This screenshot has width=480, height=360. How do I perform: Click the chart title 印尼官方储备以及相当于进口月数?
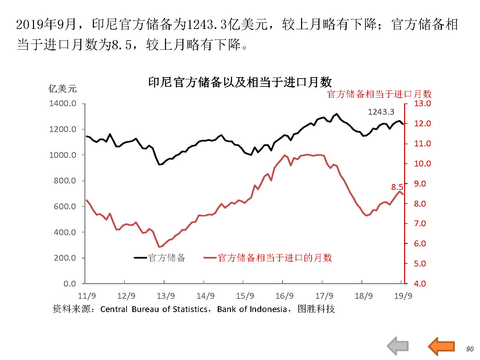coord(240,82)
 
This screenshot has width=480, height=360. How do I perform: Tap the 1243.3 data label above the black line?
coord(381,112)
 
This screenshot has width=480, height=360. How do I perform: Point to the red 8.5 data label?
coord(397,187)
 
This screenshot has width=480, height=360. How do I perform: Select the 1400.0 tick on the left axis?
coord(63,103)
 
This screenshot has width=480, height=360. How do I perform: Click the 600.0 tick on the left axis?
coord(65,207)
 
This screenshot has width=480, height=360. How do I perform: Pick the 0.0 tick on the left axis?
coord(70,284)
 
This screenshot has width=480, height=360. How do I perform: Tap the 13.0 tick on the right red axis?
coord(422,103)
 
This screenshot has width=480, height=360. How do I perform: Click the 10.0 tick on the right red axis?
coord(422,164)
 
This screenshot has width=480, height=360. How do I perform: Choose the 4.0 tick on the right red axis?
coord(420,284)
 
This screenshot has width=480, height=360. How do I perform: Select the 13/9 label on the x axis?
coord(166,296)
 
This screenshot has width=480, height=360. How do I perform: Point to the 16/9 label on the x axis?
coord(284,296)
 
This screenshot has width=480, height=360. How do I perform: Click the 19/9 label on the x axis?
coord(403,296)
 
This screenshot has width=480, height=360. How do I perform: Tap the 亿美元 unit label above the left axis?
coord(63,89)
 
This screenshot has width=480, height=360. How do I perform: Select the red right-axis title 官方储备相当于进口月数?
coord(379,94)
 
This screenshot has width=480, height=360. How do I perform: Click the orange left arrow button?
coord(442,346)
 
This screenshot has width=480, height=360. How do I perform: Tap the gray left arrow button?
coord(398,346)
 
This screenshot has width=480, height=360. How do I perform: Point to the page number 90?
coord(470,349)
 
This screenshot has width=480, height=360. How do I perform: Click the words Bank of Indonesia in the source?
coord(252,309)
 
